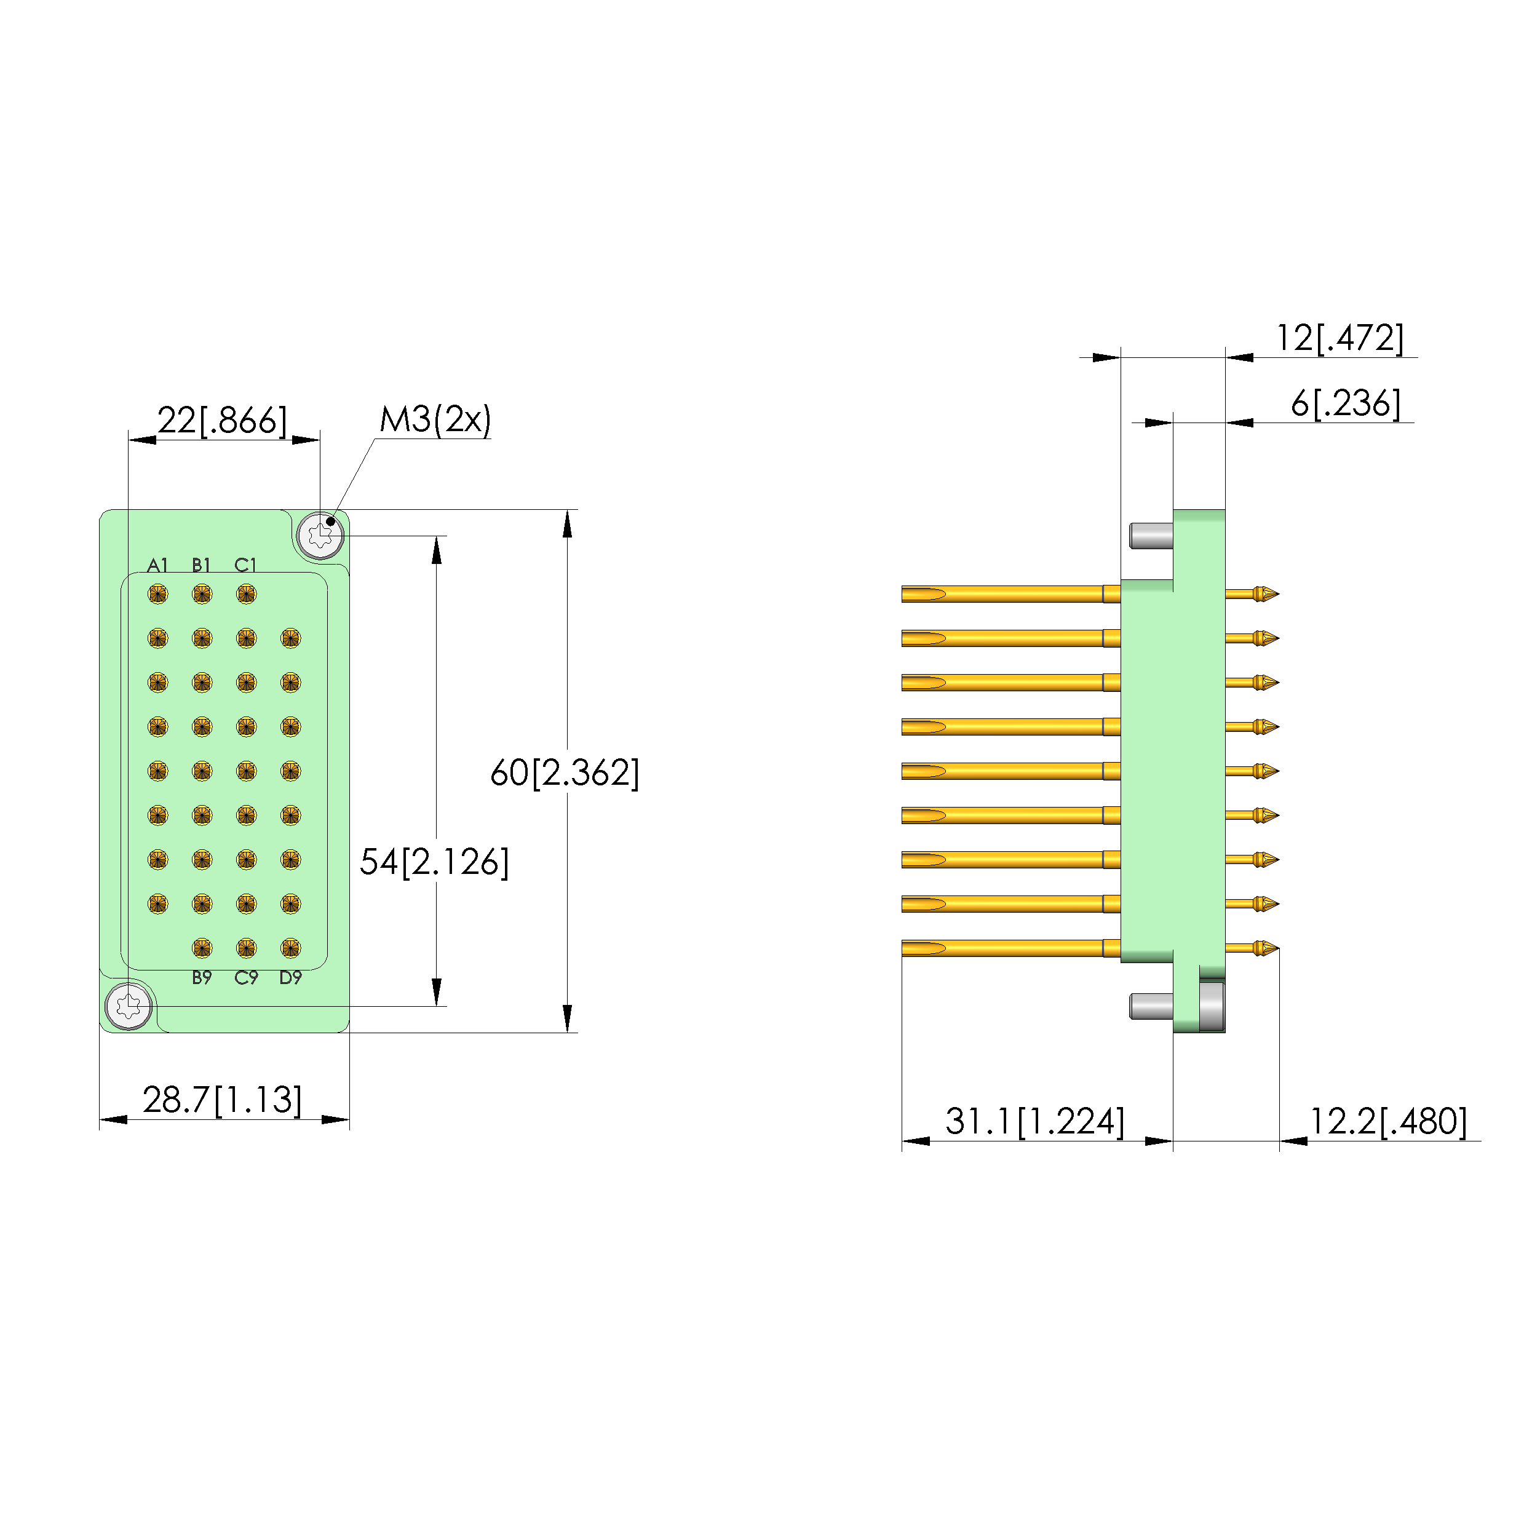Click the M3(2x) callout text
coord(435,419)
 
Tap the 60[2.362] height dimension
coord(565,772)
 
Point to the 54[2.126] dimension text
coord(434,862)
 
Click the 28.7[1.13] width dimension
coord(223,1100)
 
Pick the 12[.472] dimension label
coord(1340,338)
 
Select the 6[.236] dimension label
coord(1346,403)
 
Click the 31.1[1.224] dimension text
coord(1034,1122)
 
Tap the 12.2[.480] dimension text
coord(1387,1122)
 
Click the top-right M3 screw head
coord(320,535)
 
